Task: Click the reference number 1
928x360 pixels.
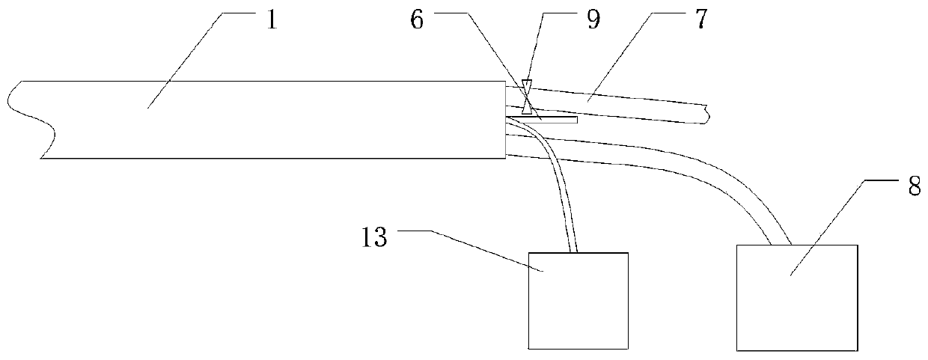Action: [x=272, y=20]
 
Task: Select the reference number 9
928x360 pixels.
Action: [x=593, y=20]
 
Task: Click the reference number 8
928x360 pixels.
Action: [x=914, y=187]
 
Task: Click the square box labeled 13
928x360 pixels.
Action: [x=578, y=299]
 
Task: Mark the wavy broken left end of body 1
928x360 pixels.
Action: [x=34, y=120]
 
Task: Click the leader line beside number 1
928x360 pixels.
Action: [x=187, y=60]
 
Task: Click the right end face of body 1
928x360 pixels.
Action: [x=505, y=120]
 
